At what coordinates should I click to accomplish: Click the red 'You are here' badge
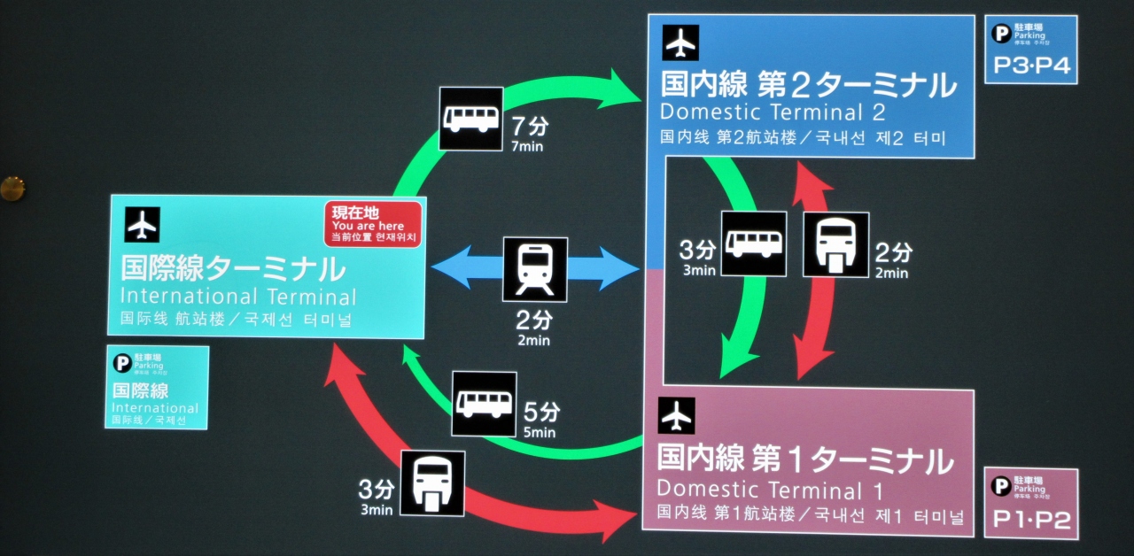[372, 224]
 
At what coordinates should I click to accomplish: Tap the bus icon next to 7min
[471, 119]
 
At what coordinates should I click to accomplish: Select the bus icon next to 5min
[484, 404]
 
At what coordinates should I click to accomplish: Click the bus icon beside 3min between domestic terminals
[753, 243]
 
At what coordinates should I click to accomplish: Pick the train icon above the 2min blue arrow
[535, 269]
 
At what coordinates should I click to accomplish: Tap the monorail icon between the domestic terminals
[835, 244]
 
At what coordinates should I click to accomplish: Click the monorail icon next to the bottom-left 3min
[432, 483]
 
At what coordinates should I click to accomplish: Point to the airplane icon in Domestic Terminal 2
[680, 42]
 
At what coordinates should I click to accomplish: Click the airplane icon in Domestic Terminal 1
[677, 415]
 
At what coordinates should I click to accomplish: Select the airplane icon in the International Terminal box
[143, 225]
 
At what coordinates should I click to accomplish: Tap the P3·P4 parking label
[1031, 66]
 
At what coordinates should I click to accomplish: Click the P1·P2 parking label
[1031, 520]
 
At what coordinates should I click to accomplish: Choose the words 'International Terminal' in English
[237, 297]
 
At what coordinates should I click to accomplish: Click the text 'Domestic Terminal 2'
[773, 113]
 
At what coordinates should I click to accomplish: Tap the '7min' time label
[527, 146]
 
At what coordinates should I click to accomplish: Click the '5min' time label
[540, 433]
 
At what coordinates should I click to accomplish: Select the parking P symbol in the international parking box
[122, 362]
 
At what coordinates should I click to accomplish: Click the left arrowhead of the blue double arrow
[447, 268]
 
